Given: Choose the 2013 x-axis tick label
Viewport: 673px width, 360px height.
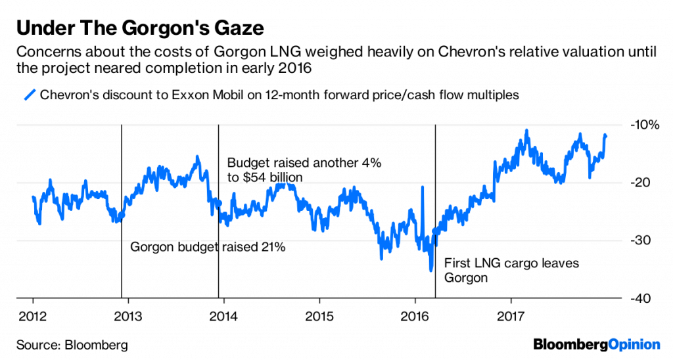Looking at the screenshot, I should click(127, 313).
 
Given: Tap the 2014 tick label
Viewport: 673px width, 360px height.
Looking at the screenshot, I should click(223, 313).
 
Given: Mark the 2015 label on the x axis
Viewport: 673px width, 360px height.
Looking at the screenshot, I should click(319, 313).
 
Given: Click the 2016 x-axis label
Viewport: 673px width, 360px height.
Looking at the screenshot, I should click(415, 313).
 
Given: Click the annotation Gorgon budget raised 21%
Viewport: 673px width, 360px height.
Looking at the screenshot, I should click(208, 247).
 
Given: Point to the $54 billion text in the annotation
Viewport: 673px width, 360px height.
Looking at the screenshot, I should click(271, 177).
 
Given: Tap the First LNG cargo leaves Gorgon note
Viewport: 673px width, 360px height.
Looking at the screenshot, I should click(512, 270).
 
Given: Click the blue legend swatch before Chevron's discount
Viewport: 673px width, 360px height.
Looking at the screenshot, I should click(29, 95).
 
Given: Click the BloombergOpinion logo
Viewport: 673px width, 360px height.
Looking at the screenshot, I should click(596, 344).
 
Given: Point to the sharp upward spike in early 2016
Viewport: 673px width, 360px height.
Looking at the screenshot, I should click(422, 188).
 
